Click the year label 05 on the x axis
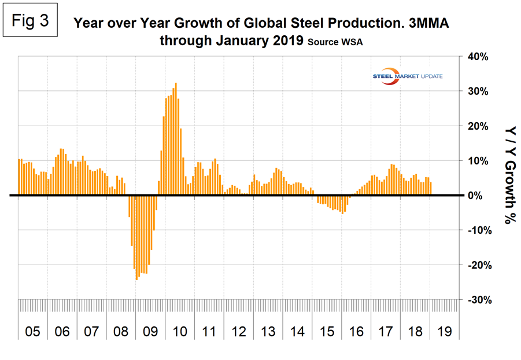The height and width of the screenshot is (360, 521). (x=32, y=332)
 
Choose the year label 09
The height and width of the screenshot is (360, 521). (x=150, y=332)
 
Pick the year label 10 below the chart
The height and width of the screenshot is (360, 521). (x=179, y=332)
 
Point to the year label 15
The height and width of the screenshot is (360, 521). (x=326, y=332)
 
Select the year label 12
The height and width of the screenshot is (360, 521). (x=238, y=332)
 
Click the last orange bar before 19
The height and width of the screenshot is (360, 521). (x=430, y=189)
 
